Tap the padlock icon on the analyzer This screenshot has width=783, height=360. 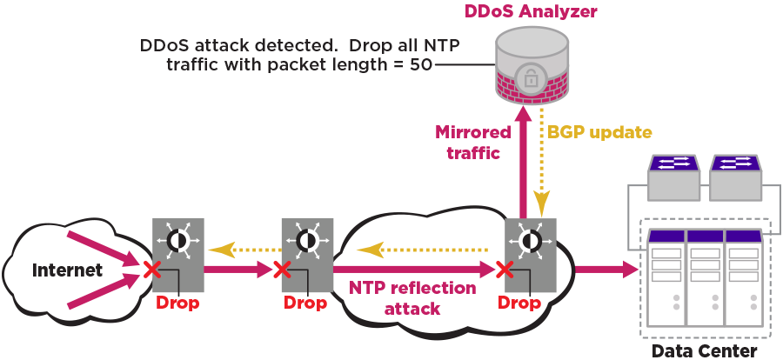click(x=529, y=77)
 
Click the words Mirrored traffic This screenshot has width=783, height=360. click(x=473, y=143)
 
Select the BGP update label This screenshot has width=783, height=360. click(x=599, y=132)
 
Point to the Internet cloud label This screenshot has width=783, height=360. click(x=67, y=270)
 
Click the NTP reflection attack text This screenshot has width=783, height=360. click(x=412, y=297)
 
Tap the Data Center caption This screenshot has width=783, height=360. click(x=705, y=350)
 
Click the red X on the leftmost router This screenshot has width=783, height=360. click(x=151, y=270)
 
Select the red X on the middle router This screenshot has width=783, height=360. click(x=281, y=270)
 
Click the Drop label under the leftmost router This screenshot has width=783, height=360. click(x=177, y=303)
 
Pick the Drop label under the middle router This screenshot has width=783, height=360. click(x=305, y=303)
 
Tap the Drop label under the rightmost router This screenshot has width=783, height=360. click(x=519, y=303)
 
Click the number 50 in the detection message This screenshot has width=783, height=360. click(x=420, y=65)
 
